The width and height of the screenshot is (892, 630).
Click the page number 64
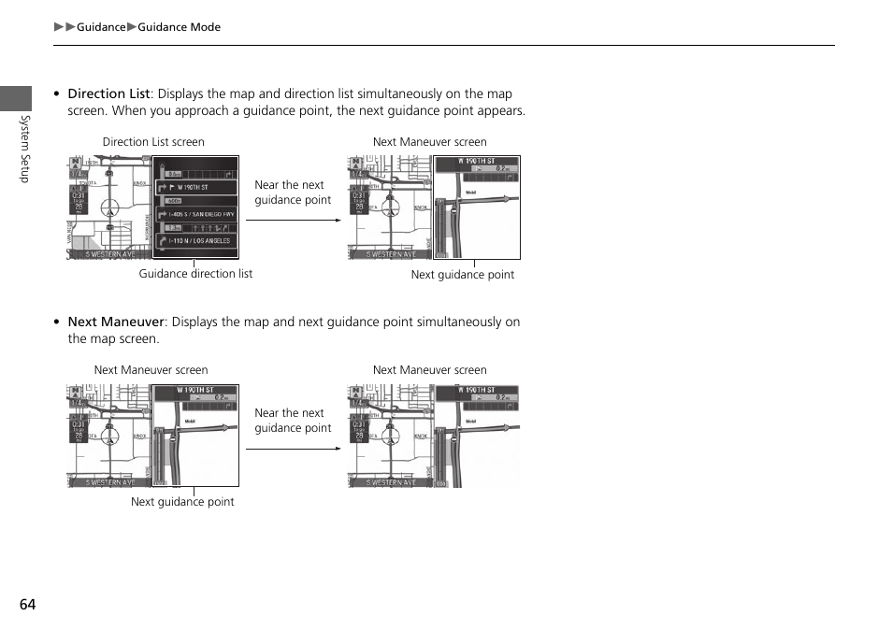click(27, 604)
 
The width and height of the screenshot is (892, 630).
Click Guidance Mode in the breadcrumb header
click(179, 27)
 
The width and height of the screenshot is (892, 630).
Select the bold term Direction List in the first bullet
click(108, 93)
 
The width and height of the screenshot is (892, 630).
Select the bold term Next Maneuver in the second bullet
click(116, 322)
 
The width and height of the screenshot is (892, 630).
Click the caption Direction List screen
click(153, 142)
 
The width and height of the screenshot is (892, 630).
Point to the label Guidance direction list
click(195, 274)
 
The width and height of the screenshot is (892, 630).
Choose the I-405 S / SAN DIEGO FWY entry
click(200, 214)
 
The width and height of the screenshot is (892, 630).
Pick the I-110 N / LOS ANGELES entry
click(198, 241)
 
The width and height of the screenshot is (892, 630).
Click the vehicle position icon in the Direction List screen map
click(110, 207)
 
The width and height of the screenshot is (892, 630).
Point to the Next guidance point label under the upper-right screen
click(463, 275)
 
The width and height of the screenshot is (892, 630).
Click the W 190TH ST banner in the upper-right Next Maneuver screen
click(476, 162)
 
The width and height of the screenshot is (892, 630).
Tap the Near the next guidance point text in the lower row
click(293, 421)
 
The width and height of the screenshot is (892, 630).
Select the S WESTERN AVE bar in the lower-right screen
click(390, 482)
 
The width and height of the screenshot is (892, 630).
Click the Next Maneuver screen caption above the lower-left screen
click(151, 370)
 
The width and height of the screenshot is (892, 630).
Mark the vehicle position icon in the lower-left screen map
click(110, 435)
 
